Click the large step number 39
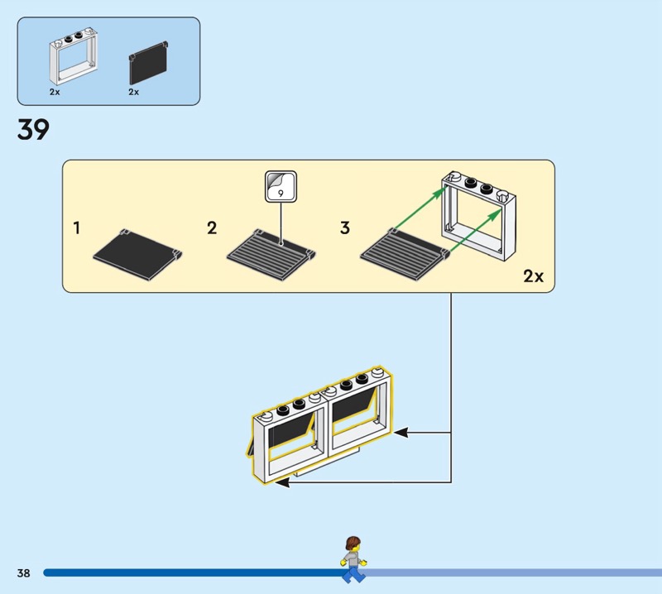point(33,131)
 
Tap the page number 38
point(22,572)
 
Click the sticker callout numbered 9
point(281,187)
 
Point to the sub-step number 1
point(77,228)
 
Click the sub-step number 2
point(212,228)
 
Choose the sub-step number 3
point(345,228)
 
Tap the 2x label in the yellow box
point(533,276)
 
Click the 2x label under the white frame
point(55,92)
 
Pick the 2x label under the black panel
point(134,92)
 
